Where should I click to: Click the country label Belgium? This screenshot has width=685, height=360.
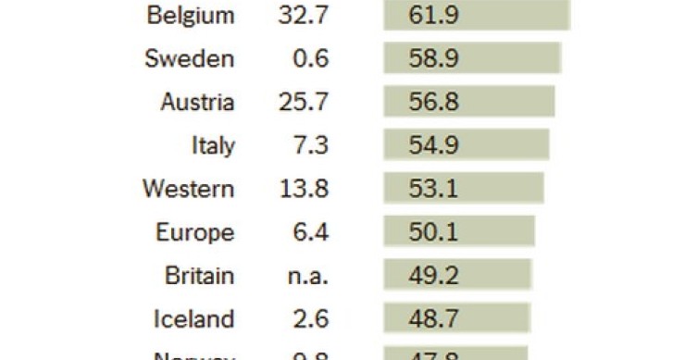(191, 16)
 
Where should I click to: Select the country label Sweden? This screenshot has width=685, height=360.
(190, 59)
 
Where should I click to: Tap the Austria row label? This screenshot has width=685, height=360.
(197, 103)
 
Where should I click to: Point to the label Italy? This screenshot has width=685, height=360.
(213, 146)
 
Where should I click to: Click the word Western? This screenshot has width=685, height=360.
(188, 190)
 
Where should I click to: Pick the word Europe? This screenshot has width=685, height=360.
(194, 233)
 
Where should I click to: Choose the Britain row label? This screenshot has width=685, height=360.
(199, 276)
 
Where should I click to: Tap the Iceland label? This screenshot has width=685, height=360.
(193, 319)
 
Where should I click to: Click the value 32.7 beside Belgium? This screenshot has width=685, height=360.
(303, 16)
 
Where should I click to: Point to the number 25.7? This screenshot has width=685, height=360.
(303, 103)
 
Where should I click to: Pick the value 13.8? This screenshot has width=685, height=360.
(303, 190)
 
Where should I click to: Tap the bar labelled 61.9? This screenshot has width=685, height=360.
(477, 16)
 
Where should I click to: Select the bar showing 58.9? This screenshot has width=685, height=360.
(473, 59)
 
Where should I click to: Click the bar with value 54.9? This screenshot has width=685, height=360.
(467, 146)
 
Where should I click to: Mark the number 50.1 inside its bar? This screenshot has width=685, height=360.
(433, 233)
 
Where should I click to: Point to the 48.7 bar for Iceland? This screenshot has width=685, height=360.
(457, 319)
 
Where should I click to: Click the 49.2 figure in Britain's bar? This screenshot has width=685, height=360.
(433, 276)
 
